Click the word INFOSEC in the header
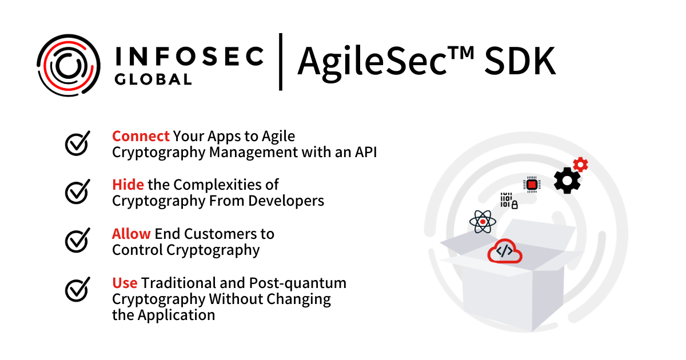pos(189,56)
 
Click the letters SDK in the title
pos(520,62)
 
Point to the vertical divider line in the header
pos(281,62)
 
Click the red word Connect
pos(141,136)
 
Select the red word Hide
pos(128,185)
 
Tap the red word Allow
pos(131,234)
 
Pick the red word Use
pos(125,283)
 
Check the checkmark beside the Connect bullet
pos(77,143)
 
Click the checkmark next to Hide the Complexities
pos(77,192)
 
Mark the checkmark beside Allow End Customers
pos(77,241)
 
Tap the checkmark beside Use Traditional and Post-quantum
pos(77,290)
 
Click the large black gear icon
pos(567,181)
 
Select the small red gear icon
pos(581,165)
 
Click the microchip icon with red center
pos(532,185)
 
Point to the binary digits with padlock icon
pos(508,201)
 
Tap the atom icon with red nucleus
pos(482,222)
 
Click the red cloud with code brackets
pos(504,251)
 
